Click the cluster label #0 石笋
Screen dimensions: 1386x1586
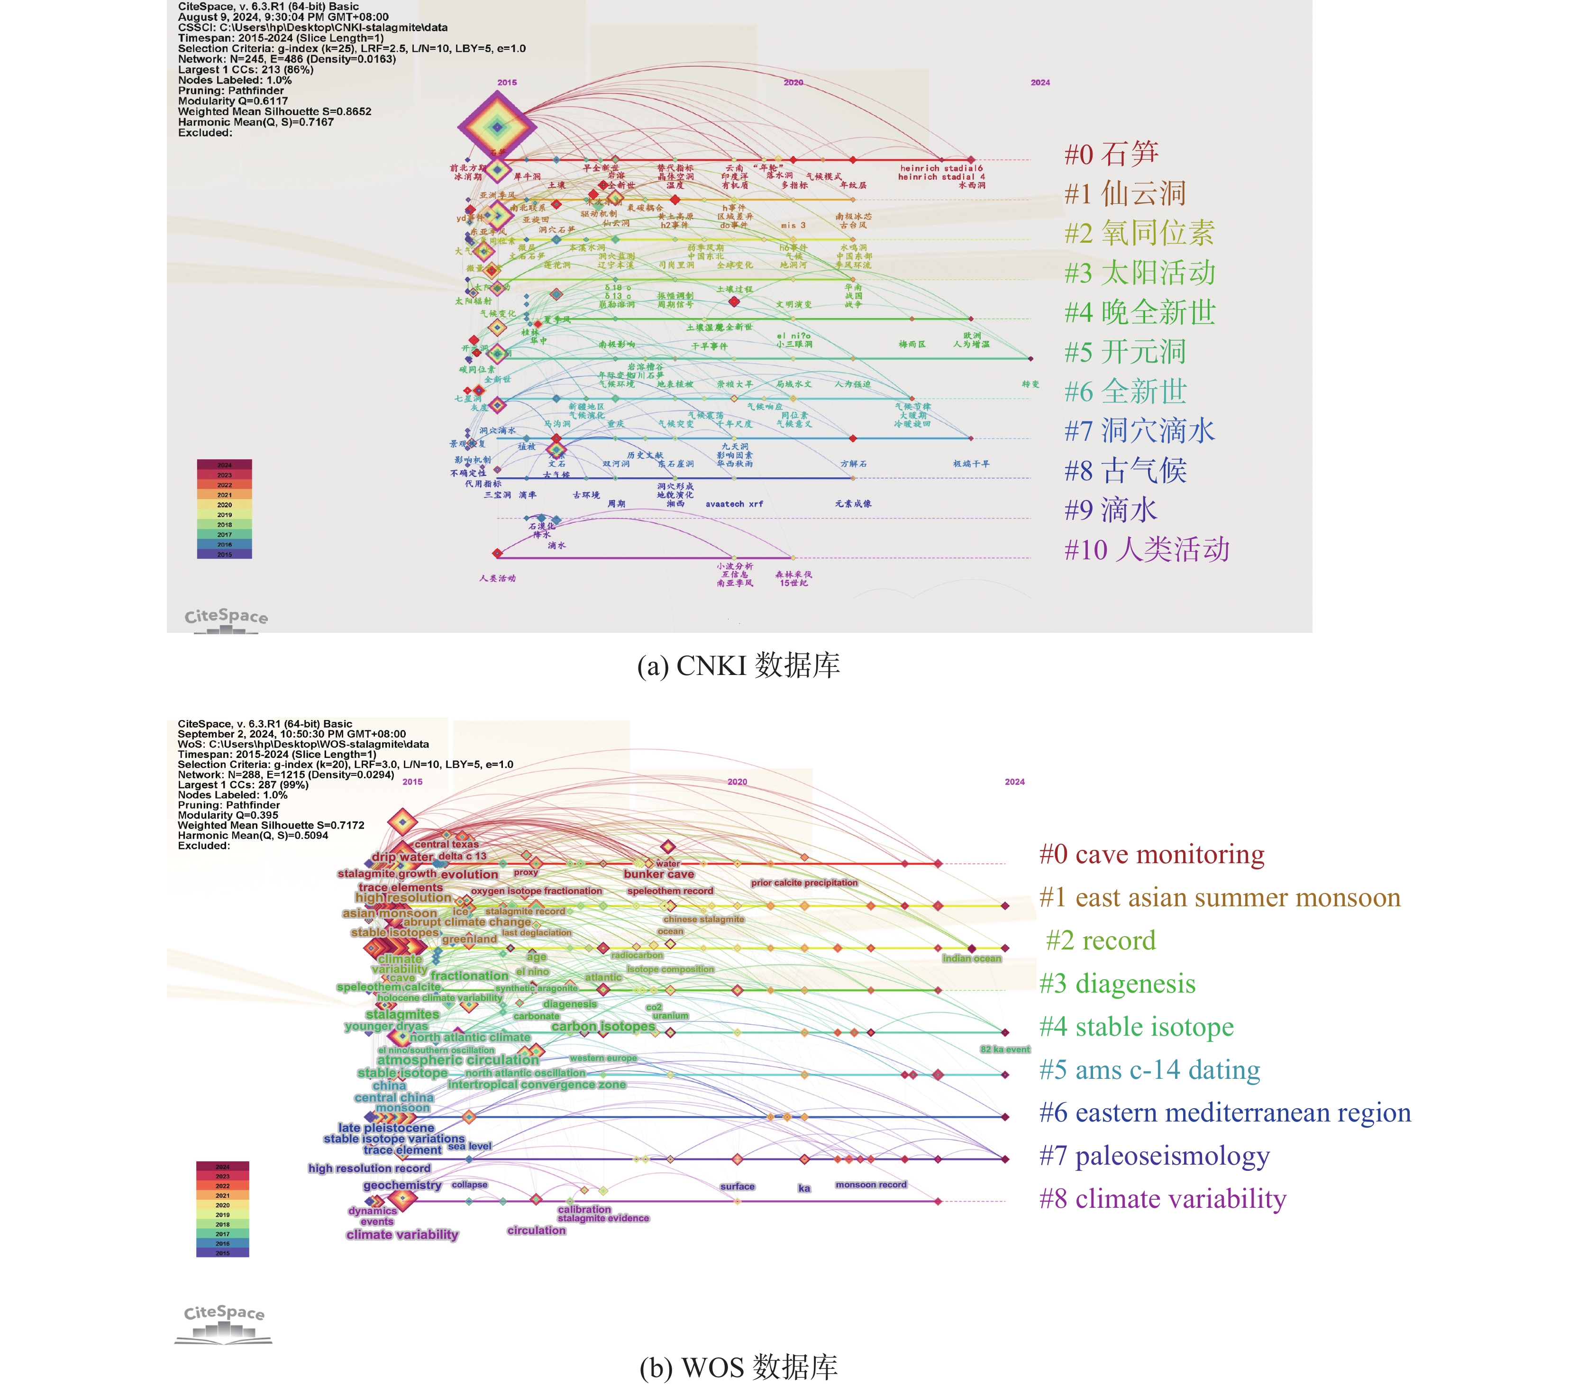[x=1111, y=154]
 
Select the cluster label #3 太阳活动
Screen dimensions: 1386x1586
[x=1140, y=273]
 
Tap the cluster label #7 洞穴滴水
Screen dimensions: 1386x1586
[x=1140, y=431]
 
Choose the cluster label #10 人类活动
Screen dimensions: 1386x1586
[x=1147, y=550]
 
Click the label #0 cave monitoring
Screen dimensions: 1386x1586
[x=1151, y=855]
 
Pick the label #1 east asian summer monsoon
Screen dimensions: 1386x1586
[x=1220, y=898]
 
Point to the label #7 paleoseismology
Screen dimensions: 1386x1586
[x=1155, y=1156]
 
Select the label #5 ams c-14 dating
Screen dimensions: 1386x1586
[x=1150, y=1070]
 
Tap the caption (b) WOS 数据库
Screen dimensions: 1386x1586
[x=738, y=1368]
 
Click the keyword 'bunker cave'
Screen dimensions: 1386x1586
[x=659, y=874]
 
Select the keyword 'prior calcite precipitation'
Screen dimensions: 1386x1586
[x=804, y=883]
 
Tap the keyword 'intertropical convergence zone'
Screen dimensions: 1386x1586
[x=537, y=1085]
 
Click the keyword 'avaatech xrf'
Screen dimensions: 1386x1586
[x=734, y=504]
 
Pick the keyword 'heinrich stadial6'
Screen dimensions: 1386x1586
[x=941, y=168]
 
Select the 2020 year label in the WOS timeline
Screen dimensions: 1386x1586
[x=737, y=782]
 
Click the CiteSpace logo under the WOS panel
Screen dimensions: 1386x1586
[x=223, y=1323]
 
